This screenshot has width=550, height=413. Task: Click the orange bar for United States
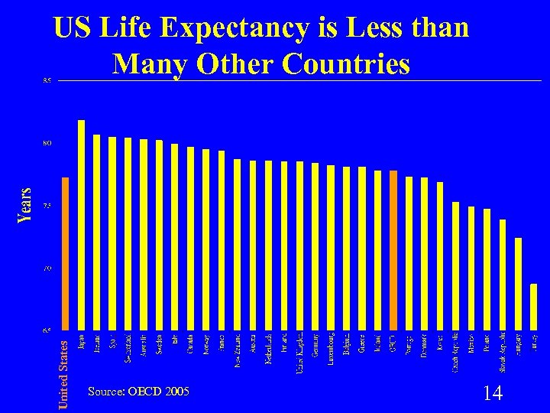tap(66, 253)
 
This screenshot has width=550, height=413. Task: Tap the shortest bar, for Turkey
tap(533, 307)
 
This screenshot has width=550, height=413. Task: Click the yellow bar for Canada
tap(190, 238)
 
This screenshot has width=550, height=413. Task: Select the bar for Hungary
tap(518, 284)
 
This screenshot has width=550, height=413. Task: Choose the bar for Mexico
tap(471, 268)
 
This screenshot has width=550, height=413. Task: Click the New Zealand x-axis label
tap(237, 351)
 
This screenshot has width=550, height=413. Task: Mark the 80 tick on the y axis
tap(47, 143)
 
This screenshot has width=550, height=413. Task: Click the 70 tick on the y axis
tap(47, 268)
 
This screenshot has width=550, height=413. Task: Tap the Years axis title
tap(24, 205)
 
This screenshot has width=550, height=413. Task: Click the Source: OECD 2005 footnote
tap(138, 392)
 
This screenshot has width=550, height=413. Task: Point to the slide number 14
tap(493, 393)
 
